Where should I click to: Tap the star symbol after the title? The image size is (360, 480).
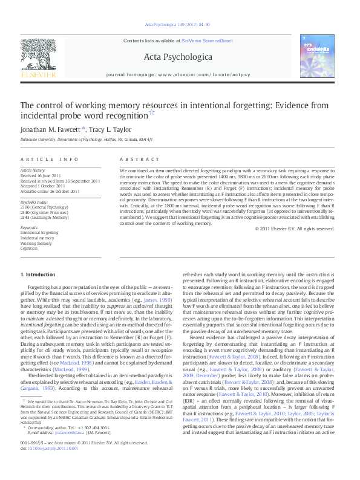[152, 112]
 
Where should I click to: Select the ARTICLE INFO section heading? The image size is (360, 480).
[50, 159]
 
